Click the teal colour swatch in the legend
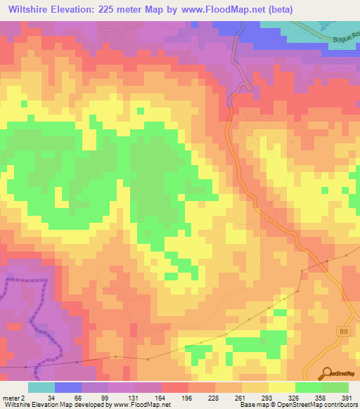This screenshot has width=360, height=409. pos(41,388)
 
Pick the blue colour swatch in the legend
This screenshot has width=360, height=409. pos(68,388)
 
